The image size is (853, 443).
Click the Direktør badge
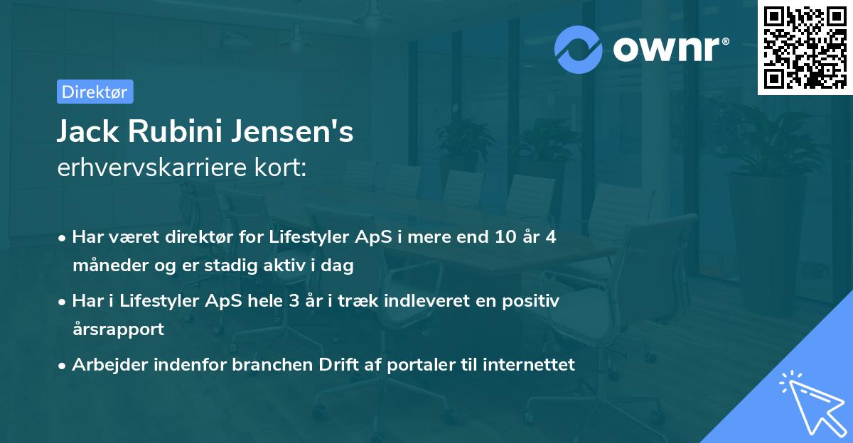coord(94,92)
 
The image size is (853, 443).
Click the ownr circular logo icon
coord(578,48)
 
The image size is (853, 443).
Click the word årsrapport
coord(118,329)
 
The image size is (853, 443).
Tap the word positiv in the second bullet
coord(533,301)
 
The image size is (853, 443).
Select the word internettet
coord(528,365)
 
